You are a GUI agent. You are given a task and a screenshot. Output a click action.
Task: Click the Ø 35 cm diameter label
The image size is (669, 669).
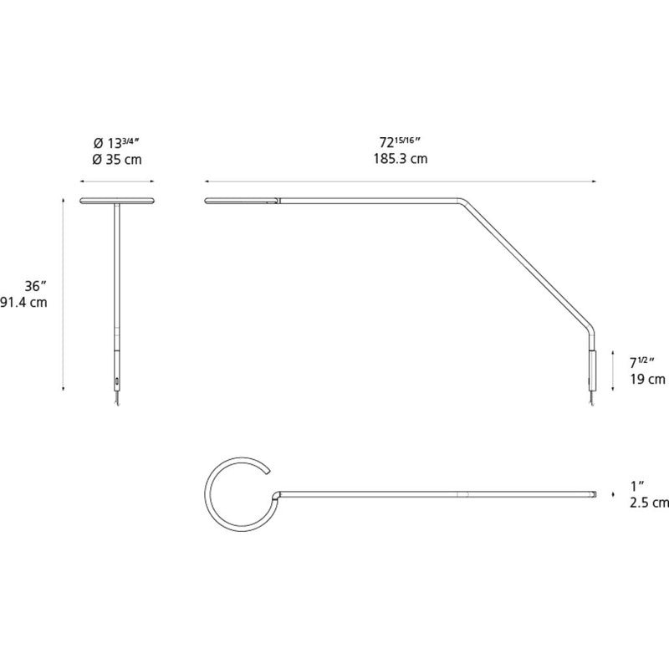(x=117, y=160)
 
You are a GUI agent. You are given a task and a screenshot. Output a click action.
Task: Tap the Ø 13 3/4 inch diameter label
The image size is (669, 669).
(x=116, y=142)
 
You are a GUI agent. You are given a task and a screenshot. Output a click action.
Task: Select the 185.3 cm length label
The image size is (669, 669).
(x=401, y=159)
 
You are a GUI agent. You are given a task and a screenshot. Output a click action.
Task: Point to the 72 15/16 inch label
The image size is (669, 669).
(x=401, y=141)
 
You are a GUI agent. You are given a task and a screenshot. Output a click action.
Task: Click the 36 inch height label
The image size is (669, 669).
(x=35, y=285)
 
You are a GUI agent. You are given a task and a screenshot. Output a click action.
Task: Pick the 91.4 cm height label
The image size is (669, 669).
(x=23, y=303)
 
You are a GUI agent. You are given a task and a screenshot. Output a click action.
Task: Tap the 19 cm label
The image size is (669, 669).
(x=647, y=379)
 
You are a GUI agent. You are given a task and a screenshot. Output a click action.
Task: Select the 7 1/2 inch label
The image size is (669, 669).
(x=642, y=362)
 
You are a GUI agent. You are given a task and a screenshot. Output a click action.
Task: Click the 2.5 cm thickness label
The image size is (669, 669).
(x=650, y=503)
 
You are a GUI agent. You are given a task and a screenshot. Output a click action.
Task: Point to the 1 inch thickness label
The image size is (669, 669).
(x=637, y=486)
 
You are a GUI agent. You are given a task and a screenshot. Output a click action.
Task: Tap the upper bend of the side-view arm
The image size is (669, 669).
(x=463, y=202)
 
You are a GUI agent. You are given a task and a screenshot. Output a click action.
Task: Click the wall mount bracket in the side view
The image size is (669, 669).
(x=592, y=370)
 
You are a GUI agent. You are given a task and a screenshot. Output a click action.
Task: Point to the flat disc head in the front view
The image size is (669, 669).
(x=117, y=201)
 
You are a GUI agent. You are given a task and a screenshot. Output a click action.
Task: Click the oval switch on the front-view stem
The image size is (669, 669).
(x=116, y=380)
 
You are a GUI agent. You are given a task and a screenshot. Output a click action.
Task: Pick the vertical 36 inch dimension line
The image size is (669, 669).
(x=64, y=294)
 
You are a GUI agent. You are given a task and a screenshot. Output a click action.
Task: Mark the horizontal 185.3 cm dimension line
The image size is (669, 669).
(x=401, y=181)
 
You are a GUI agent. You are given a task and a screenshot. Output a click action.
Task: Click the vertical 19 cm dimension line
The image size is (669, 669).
(x=613, y=370)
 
